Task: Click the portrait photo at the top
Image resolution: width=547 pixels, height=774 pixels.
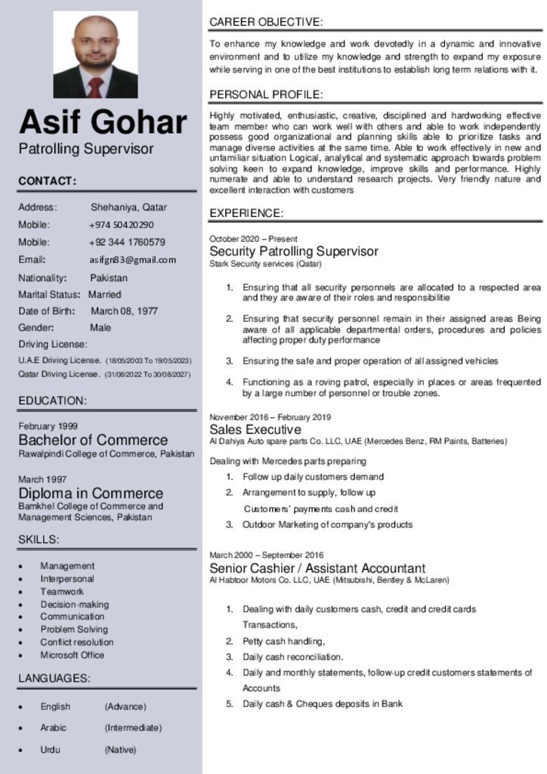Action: click(95, 55)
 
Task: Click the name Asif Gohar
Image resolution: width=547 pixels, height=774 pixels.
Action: click(103, 122)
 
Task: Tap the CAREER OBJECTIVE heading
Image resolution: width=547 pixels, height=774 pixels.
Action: click(266, 22)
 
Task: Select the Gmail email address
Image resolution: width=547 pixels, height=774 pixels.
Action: click(133, 260)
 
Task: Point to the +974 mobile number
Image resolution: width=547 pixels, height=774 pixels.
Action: click(122, 225)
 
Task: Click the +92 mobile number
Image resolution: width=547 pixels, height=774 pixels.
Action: click(127, 243)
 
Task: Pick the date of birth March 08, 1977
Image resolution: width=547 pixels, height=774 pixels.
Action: click(124, 311)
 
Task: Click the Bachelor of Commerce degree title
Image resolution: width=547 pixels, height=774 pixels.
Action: click(93, 440)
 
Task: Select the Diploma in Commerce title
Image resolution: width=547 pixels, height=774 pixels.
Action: click(91, 494)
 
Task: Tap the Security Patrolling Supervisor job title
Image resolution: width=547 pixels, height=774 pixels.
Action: click(294, 251)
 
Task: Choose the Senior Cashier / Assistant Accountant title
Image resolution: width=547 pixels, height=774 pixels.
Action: click(317, 568)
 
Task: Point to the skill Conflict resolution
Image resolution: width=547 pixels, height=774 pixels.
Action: click(77, 642)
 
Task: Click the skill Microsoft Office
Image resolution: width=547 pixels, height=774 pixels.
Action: click(73, 655)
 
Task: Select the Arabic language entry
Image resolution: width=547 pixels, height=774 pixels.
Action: click(53, 728)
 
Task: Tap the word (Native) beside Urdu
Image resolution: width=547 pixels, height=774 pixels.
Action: click(120, 750)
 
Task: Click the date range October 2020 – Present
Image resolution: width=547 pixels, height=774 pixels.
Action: click(253, 239)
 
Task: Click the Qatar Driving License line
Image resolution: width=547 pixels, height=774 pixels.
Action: click(104, 374)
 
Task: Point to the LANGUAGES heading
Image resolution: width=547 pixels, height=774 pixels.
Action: click(54, 679)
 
